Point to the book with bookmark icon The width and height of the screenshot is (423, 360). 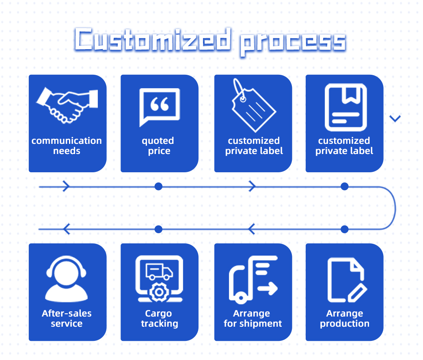pyautogui.click(x=345, y=107)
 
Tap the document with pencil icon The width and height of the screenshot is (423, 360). pyautogui.click(x=346, y=280)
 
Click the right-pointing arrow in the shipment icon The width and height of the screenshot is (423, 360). pyautogui.click(x=268, y=289)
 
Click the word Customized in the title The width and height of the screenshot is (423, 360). pyautogui.click(x=153, y=41)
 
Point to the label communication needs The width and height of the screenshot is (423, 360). pyautogui.click(x=67, y=146)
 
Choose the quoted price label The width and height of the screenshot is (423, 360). pyautogui.click(x=158, y=146)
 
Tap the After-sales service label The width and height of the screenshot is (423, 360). pyautogui.click(x=67, y=319)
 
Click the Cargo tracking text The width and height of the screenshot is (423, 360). pyautogui.click(x=159, y=319)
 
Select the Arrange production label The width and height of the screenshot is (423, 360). pyautogui.click(x=345, y=319)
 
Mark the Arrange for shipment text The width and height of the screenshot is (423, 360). pyautogui.click(x=253, y=319)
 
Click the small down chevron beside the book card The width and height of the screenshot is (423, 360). pyautogui.click(x=395, y=119)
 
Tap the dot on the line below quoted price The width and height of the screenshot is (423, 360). pyautogui.click(x=159, y=187)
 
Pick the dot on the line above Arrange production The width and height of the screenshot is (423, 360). pyautogui.click(x=345, y=229)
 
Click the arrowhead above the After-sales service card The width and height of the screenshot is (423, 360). pyautogui.click(x=67, y=229)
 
